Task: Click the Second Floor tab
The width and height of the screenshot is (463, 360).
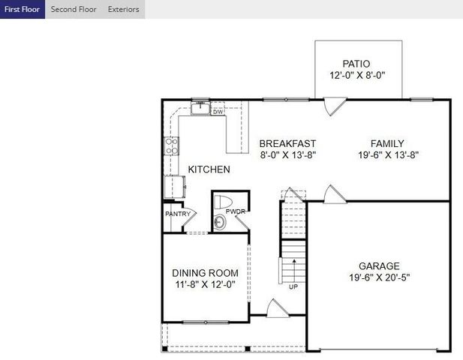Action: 73,9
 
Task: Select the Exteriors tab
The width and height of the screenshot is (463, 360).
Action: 123,9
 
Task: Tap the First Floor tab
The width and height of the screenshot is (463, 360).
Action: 22,9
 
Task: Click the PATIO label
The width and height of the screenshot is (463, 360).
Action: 356,64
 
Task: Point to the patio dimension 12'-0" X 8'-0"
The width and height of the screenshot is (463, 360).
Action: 356,76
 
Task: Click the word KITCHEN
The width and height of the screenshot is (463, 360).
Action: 209,169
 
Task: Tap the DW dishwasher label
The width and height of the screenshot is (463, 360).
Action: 218,112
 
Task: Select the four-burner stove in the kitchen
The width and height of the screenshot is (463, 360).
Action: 171,145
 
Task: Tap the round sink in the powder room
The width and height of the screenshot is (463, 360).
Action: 219,222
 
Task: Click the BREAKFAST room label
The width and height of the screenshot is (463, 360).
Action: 287,143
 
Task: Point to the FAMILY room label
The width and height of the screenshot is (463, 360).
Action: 387,143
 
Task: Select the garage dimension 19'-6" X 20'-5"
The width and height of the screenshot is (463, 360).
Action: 379,277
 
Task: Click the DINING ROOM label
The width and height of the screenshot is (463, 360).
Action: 206,273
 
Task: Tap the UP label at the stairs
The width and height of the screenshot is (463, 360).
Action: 293,286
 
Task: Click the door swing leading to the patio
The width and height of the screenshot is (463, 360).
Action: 331,106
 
